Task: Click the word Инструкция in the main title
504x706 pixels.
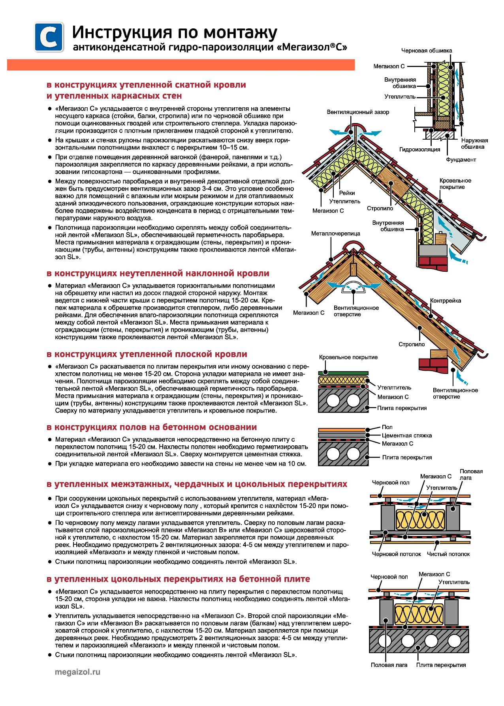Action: [x=115, y=33]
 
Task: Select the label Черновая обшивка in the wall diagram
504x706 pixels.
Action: [x=427, y=50]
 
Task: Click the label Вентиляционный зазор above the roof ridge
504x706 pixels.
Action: [x=358, y=112]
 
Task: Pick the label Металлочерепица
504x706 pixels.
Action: [x=335, y=233]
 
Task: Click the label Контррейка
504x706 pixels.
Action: [x=446, y=301]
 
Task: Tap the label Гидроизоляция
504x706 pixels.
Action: [x=419, y=149]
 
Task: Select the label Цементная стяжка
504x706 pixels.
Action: [x=407, y=435]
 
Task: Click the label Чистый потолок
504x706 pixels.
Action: [x=448, y=554]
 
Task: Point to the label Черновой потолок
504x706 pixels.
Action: [x=396, y=554]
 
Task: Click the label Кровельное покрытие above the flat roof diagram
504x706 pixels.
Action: [x=348, y=357]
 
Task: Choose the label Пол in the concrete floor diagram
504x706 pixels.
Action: [x=387, y=427]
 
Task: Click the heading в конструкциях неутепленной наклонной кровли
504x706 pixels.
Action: [x=158, y=273]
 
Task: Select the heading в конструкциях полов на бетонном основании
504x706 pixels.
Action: [x=152, y=427]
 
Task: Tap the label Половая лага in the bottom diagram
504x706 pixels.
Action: [x=389, y=665]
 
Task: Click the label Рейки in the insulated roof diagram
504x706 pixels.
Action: [x=347, y=193]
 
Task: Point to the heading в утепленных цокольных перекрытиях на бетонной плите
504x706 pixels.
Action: [x=178, y=579]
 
